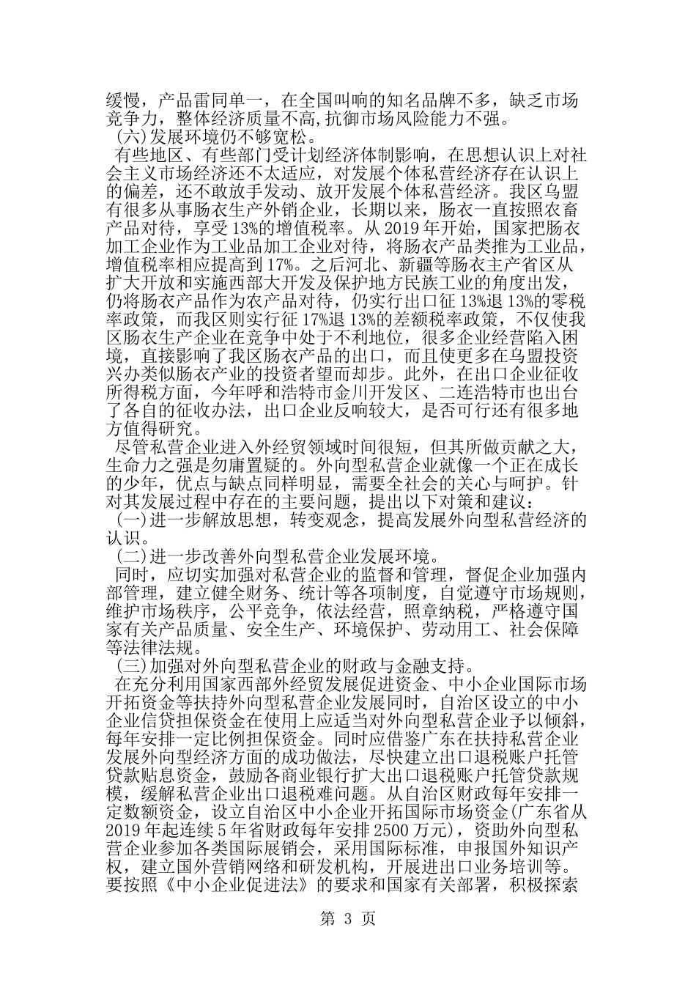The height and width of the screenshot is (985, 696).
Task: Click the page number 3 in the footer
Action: (348, 920)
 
